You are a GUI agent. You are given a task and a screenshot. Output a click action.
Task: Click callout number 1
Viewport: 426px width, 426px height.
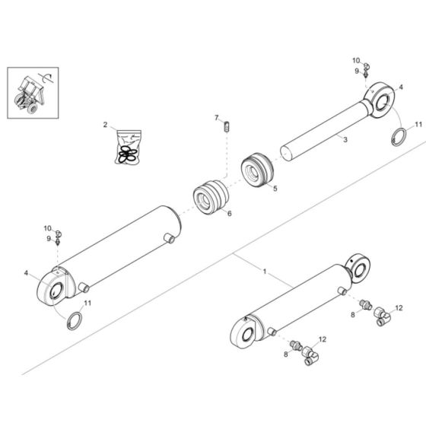[264, 272]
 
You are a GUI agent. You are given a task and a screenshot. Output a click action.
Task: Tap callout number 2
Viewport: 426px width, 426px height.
[106, 124]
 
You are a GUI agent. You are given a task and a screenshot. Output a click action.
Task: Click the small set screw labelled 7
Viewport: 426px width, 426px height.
[226, 128]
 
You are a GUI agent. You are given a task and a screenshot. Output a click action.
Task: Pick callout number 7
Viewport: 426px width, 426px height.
[216, 118]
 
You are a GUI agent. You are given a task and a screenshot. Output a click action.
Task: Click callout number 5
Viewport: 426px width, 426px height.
[276, 188]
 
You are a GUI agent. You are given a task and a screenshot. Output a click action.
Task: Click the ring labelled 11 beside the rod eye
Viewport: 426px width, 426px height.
[398, 138]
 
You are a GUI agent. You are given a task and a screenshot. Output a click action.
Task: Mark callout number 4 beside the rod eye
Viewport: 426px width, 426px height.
[401, 88]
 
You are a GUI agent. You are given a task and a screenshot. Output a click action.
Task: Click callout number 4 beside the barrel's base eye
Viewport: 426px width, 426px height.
[26, 272]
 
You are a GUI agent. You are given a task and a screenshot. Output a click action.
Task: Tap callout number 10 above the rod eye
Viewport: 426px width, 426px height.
[355, 60]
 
